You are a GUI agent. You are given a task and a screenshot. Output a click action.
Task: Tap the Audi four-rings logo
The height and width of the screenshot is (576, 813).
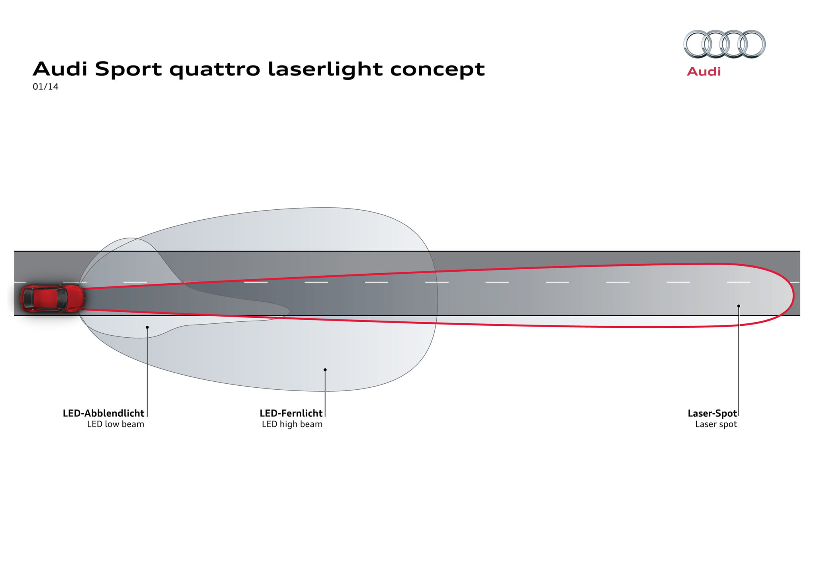pos(724,44)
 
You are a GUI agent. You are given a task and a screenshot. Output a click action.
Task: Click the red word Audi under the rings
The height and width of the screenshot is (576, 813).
pos(703,72)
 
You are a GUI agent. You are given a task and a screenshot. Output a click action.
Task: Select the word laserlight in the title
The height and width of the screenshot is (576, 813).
pos(325,69)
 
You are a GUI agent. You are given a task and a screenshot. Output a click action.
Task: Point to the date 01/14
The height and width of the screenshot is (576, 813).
pos(45,87)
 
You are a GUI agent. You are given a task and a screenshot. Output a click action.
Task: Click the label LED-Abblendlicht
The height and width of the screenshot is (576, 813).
pos(103,413)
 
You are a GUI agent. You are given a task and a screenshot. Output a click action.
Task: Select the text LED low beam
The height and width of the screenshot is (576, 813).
pos(116,424)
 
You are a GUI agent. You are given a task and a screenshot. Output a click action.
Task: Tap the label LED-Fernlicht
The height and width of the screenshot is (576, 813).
pos(291,413)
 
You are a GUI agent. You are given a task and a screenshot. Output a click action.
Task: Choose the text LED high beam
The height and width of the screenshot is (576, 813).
pos(292,424)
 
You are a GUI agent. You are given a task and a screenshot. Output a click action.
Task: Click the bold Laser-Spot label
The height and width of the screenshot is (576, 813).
pos(712,413)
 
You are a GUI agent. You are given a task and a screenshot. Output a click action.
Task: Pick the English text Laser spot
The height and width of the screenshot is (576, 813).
pos(716,424)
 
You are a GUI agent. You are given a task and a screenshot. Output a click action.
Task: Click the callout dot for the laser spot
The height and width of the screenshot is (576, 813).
pos(739,306)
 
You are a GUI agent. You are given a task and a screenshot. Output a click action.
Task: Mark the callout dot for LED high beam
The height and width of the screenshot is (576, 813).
pos(325,370)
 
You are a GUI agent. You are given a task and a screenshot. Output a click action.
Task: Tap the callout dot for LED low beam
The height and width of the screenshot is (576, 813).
pos(147,327)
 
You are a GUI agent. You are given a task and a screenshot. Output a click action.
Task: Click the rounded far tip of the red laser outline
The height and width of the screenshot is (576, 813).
pos(793,296)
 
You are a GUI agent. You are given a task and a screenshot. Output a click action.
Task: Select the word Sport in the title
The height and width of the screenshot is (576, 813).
pos(128,69)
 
